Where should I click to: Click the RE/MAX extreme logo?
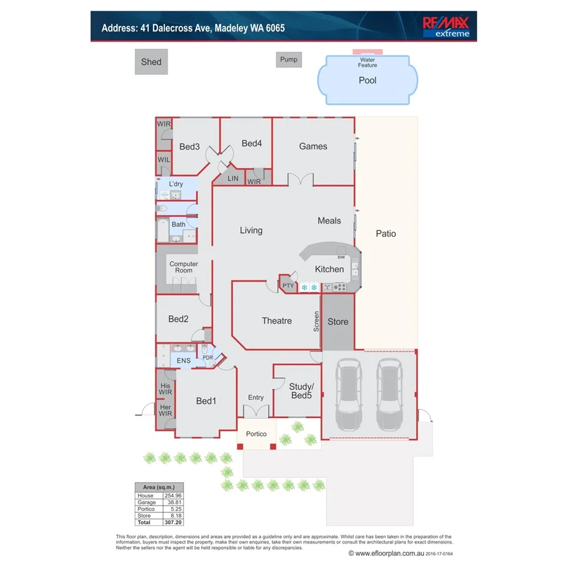(x=446, y=26)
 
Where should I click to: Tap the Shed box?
(x=151, y=62)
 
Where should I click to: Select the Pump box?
(x=289, y=60)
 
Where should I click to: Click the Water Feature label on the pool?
(x=367, y=62)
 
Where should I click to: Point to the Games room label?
(x=313, y=146)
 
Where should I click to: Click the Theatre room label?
(x=277, y=321)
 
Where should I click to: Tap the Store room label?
(x=338, y=321)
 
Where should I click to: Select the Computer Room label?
(x=183, y=267)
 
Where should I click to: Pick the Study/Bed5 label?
(x=300, y=391)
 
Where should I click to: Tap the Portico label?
(x=256, y=434)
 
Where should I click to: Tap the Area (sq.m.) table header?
(x=158, y=488)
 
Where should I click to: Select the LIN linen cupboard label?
(x=233, y=179)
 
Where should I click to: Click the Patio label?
(x=386, y=233)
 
